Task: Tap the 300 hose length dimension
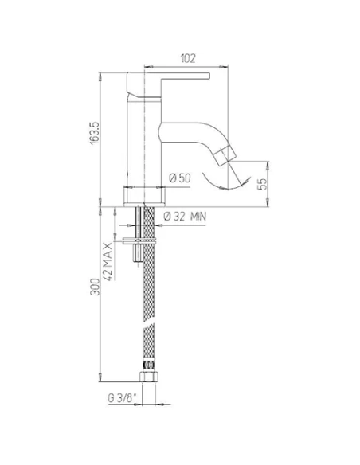coord(94,289)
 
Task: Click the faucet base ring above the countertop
coord(145,193)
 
